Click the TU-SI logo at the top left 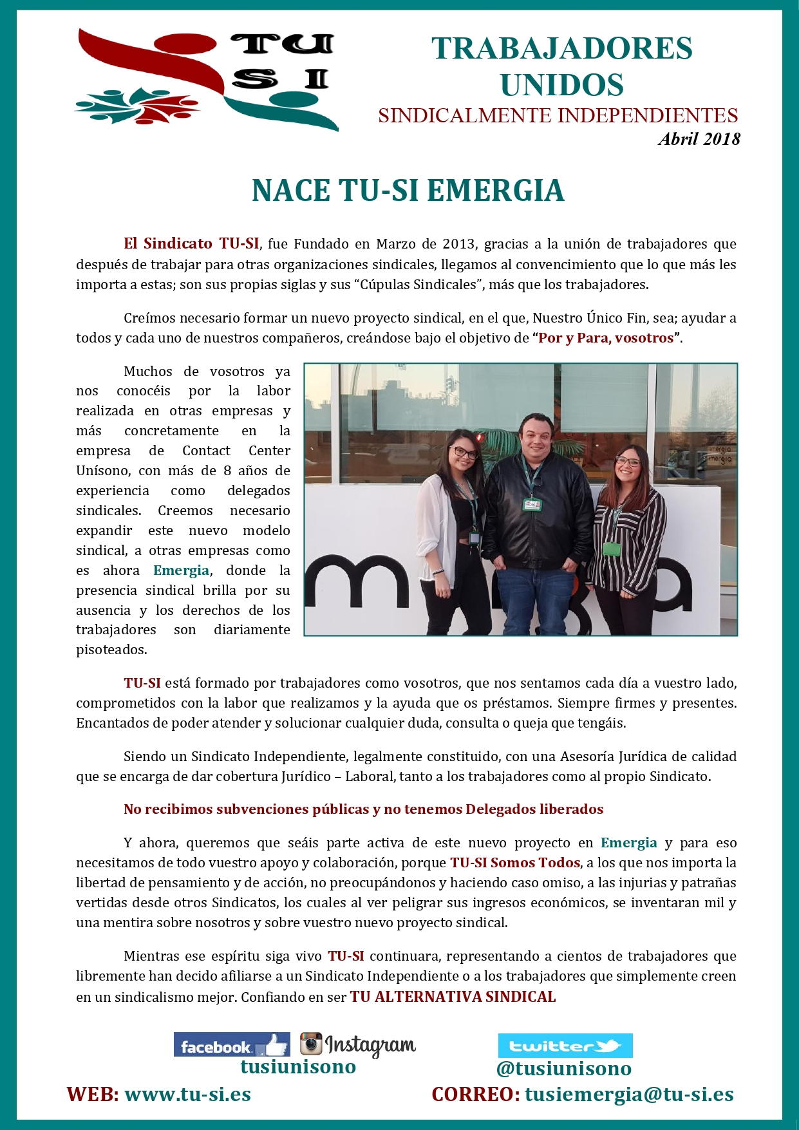(x=206, y=79)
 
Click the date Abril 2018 (x=699, y=139)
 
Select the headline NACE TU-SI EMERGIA (x=408, y=191)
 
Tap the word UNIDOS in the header (x=561, y=85)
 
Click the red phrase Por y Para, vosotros (x=606, y=338)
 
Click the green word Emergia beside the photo (x=181, y=570)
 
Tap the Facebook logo (x=231, y=1044)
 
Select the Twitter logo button (x=565, y=1046)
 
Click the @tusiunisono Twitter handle (x=563, y=1069)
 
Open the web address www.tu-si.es (x=187, y=1094)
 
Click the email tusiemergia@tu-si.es (x=629, y=1094)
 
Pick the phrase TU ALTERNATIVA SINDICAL (x=453, y=997)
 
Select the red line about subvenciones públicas (x=363, y=809)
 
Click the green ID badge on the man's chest (x=532, y=504)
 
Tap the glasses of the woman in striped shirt (x=627, y=461)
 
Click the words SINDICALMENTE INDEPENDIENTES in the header (x=558, y=116)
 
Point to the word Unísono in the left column (x=103, y=471)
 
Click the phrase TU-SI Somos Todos (x=515, y=863)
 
